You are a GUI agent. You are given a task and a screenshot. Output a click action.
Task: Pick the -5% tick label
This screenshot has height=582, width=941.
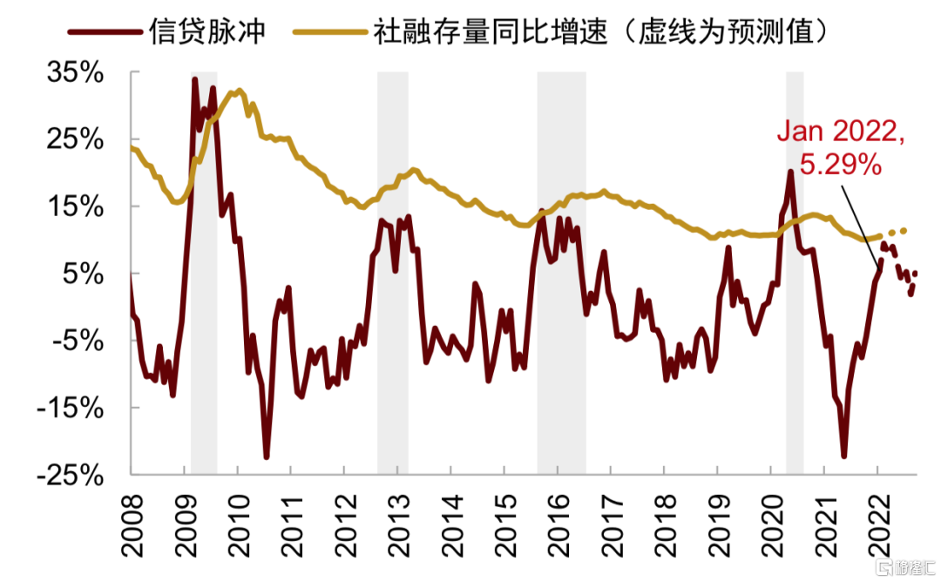coord(81,341)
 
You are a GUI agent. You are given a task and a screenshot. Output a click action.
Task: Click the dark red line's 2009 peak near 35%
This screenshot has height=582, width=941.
coord(194,80)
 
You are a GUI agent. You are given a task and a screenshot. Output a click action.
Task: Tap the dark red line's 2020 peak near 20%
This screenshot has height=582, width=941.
coord(790,172)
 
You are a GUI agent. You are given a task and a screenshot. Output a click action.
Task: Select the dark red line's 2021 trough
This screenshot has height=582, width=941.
coord(843,455)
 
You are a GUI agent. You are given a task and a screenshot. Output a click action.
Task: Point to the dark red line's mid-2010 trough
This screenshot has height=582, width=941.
coord(266,456)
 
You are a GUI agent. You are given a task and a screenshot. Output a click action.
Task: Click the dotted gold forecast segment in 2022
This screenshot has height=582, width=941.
coord(897,232)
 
